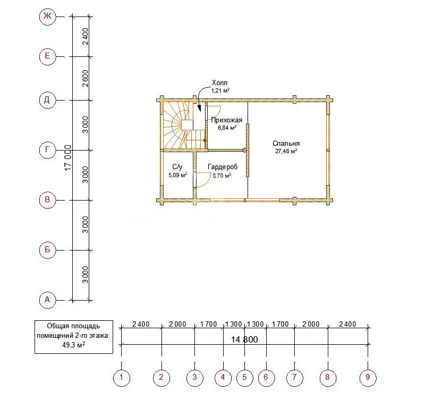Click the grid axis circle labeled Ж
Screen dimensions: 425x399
coord(47,16)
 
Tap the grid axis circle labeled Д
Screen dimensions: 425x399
coord(47,100)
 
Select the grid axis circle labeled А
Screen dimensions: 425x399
coord(47,300)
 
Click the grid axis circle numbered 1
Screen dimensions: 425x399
coord(121,377)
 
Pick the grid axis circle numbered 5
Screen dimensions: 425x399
coord(244,377)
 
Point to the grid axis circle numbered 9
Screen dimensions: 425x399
coord(368,377)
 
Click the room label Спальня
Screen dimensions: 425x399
coord(286,143)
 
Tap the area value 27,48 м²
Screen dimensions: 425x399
coord(286,151)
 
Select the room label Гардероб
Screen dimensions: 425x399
coord(223,167)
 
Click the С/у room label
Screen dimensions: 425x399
coord(177,167)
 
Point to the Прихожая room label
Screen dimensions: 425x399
coord(227,120)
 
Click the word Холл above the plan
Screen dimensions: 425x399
coord(219,83)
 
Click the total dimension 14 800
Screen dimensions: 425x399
coord(244,339)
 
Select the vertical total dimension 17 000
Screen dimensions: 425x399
coord(68,158)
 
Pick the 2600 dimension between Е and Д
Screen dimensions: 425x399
coord(85,78)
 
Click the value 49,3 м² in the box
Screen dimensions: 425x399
coord(74,345)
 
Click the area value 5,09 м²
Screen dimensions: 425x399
coord(178,175)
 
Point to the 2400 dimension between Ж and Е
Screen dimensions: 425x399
coord(85,36)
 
